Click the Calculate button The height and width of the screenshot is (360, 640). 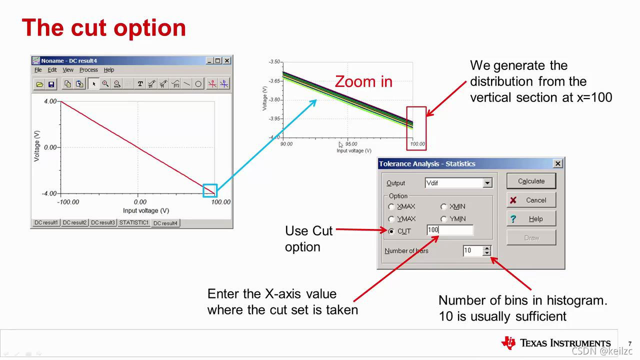pyautogui.click(x=531, y=181)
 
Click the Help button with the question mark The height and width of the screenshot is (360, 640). pyautogui.click(x=531, y=219)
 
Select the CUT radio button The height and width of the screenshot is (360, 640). pyautogui.click(x=391, y=231)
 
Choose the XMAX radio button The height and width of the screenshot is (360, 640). pyautogui.click(x=391, y=206)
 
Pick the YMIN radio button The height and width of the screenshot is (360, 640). pyautogui.click(x=443, y=219)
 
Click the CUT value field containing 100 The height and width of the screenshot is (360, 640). pyautogui.click(x=450, y=230)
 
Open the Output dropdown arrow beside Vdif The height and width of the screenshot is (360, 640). pyautogui.click(x=487, y=183)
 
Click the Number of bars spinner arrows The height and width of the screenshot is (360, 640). pyautogui.click(x=487, y=250)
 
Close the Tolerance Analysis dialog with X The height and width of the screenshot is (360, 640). pyautogui.click(x=557, y=163)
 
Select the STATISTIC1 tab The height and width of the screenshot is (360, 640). pyautogui.click(x=133, y=222)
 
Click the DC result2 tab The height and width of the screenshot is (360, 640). pyautogui.click(x=74, y=222)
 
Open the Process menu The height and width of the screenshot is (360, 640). pyautogui.click(x=88, y=69)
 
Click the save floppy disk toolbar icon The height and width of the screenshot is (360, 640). pyautogui.click(x=51, y=84)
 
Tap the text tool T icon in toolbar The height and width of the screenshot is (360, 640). pyautogui.click(x=140, y=83)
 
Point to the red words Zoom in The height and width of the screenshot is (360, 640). pyautogui.click(x=363, y=81)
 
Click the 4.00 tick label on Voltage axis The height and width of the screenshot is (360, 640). pyautogui.click(x=50, y=101)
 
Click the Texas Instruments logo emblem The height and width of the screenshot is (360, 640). pyautogui.click(x=508, y=342)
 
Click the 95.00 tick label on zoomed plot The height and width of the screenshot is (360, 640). pyautogui.click(x=351, y=144)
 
